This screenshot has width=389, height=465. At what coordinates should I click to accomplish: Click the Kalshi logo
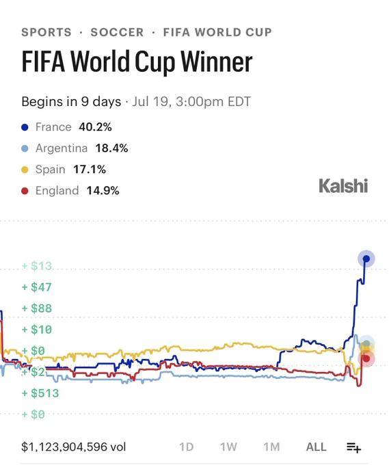[343, 186]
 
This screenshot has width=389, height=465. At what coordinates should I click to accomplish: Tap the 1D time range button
[186, 447]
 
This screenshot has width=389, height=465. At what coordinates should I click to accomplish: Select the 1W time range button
[228, 447]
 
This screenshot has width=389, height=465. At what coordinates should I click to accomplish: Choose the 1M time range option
[271, 447]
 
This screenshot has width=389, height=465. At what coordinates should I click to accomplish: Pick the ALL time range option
[316, 447]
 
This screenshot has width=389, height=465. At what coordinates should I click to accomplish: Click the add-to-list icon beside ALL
[353, 447]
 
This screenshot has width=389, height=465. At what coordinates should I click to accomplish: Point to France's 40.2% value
[95, 127]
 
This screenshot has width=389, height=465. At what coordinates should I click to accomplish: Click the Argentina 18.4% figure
[111, 148]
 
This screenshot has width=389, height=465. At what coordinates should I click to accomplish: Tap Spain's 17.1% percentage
[90, 170]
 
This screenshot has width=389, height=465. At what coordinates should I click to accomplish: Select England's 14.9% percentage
[103, 190]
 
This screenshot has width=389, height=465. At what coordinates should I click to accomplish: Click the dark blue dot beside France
[25, 127]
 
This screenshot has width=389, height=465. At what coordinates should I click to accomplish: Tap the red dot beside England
[25, 191]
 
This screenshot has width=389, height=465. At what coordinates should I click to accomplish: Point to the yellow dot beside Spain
[25, 170]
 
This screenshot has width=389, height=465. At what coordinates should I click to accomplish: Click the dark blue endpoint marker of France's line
[366, 259]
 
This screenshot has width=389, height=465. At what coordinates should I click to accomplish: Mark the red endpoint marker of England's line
[366, 358]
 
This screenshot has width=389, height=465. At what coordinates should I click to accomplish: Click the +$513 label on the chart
[40, 393]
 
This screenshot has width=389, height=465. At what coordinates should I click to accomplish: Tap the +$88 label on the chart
[37, 308]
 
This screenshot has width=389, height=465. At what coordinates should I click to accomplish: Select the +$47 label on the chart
[37, 287]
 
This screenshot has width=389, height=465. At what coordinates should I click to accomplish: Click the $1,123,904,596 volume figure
[74, 447]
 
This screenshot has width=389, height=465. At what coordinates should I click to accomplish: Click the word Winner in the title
[217, 62]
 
